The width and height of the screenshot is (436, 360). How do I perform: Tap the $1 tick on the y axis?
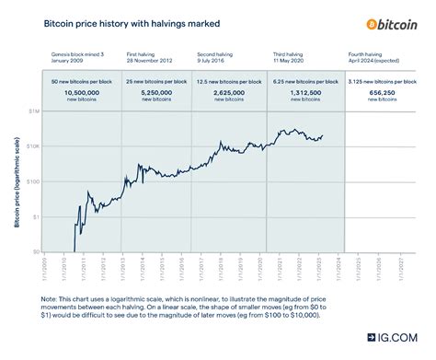35,216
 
